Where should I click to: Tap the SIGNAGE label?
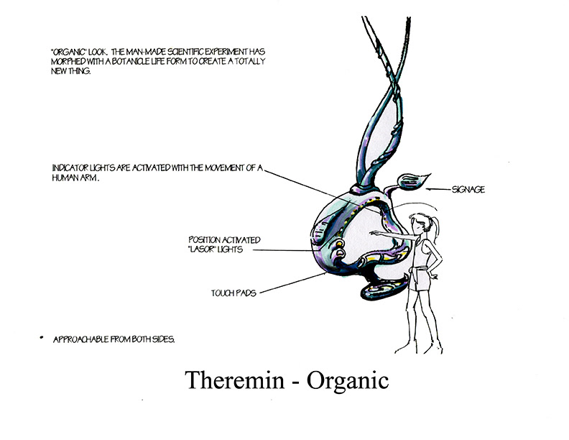[468, 190]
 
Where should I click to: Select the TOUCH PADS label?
[233, 293]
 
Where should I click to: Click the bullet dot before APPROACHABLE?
[42, 337]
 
